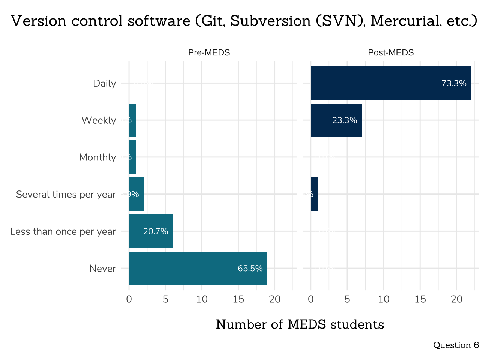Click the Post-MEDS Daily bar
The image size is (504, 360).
pyautogui.click(x=390, y=83)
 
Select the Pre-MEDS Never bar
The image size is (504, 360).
pyautogui.click(x=198, y=268)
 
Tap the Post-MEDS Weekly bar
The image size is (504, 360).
pyautogui.click(x=336, y=120)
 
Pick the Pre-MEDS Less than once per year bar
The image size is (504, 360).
pyautogui.click(x=151, y=231)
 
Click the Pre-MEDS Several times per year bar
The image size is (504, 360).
pyautogui.click(x=136, y=194)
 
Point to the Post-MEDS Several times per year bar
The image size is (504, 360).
pyautogui.click(x=314, y=194)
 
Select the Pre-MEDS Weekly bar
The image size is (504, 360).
pyautogui.click(x=132, y=120)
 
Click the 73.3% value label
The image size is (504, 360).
pyautogui.click(x=454, y=83)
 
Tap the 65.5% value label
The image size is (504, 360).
pyautogui.click(x=250, y=268)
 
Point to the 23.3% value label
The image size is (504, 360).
pyautogui.click(x=345, y=120)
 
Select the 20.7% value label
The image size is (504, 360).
pyautogui.click(x=156, y=231)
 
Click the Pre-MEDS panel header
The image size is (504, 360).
pyautogui.click(x=209, y=53)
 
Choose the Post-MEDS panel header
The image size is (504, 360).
pyautogui.click(x=391, y=53)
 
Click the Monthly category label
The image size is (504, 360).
pyautogui.click(x=97, y=157)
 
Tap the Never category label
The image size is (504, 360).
pyautogui.click(x=103, y=268)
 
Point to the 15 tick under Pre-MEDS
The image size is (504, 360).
pyautogui.click(x=238, y=299)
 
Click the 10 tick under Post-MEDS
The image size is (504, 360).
pyautogui.click(x=384, y=299)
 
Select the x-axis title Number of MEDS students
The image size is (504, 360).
pyautogui.click(x=300, y=324)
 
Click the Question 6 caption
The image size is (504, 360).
pyautogui.click(x=456, y=345)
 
